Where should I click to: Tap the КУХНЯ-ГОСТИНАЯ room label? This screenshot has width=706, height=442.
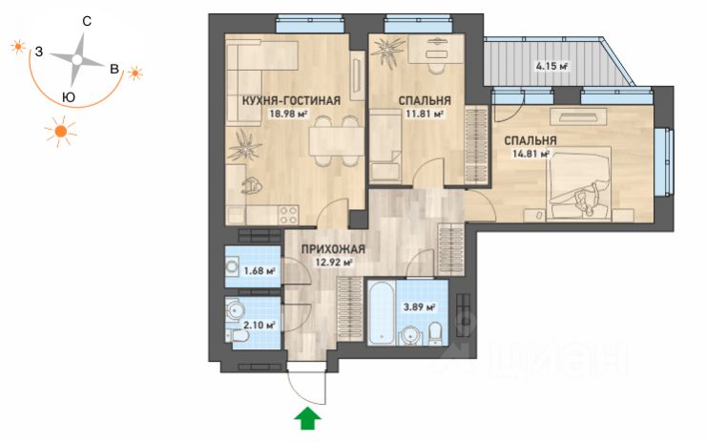[x=291, y=100]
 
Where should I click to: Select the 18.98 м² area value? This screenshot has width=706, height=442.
[x=288, y=114]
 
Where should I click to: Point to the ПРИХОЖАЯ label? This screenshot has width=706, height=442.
[x=333, y=249]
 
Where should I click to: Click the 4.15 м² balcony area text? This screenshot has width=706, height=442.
[x=551, y=66]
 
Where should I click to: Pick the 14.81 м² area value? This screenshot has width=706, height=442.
[x=530, y=154]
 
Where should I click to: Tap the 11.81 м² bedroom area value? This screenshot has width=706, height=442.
[x=425, y=114]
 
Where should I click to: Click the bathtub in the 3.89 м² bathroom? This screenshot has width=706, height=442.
[x=382, y=312]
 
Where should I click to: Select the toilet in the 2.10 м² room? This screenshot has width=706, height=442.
[x=237, y=337]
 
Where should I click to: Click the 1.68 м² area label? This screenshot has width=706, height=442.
[x=260, y=271]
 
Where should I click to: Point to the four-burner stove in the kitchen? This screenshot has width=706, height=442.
[x=288, y=215]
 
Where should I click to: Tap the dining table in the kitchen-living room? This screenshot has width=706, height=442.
[x=336, y=141]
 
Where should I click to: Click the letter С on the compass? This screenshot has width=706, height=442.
[x=87, y=21]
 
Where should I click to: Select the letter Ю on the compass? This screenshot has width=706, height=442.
[x=69, y=97]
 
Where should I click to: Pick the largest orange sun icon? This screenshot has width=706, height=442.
[x=60, y=132]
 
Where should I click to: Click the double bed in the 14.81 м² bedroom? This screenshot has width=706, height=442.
[x=579, y=184]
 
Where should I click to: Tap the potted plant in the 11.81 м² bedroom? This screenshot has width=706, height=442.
[x=388, y=51]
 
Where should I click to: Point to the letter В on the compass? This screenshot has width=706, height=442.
[x=114, y=69]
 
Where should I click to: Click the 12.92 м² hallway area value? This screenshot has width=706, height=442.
[x=333, y=263]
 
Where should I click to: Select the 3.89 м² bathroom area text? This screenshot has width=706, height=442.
[x=419, y=307]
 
